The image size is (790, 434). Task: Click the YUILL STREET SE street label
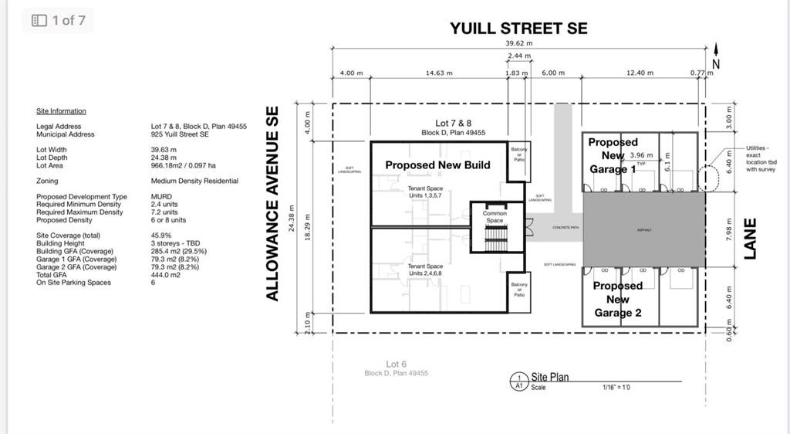click(518, 29)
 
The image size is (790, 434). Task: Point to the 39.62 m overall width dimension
click(518, 44)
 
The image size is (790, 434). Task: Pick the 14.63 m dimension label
click(439, 73)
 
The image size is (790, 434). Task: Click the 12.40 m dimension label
click(640, 73)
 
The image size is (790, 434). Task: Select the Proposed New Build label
click(437, 164)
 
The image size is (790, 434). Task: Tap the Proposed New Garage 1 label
click(613, 155)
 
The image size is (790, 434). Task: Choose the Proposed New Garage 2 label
click(617, 299)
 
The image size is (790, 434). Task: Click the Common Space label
click(495, 217)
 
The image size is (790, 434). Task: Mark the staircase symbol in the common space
click(495, 240)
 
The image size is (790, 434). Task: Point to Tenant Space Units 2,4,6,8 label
click(425, 270)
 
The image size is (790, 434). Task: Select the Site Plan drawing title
click(550, 377)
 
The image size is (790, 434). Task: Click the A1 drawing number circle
click(518, 381)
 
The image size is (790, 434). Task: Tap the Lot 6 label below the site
click(397, 364)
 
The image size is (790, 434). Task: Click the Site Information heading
click(61, 111)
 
